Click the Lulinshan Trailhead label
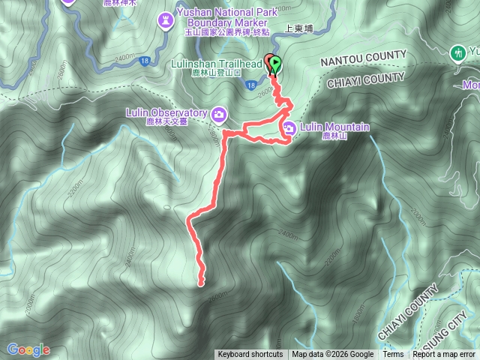(221, 64)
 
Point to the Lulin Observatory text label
(166, 113)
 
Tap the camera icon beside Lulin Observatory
(219, 114)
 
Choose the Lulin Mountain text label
(334, 127)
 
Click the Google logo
(28, 349)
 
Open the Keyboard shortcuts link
(250, 355)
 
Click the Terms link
(393, 355)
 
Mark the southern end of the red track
(201, 282)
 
